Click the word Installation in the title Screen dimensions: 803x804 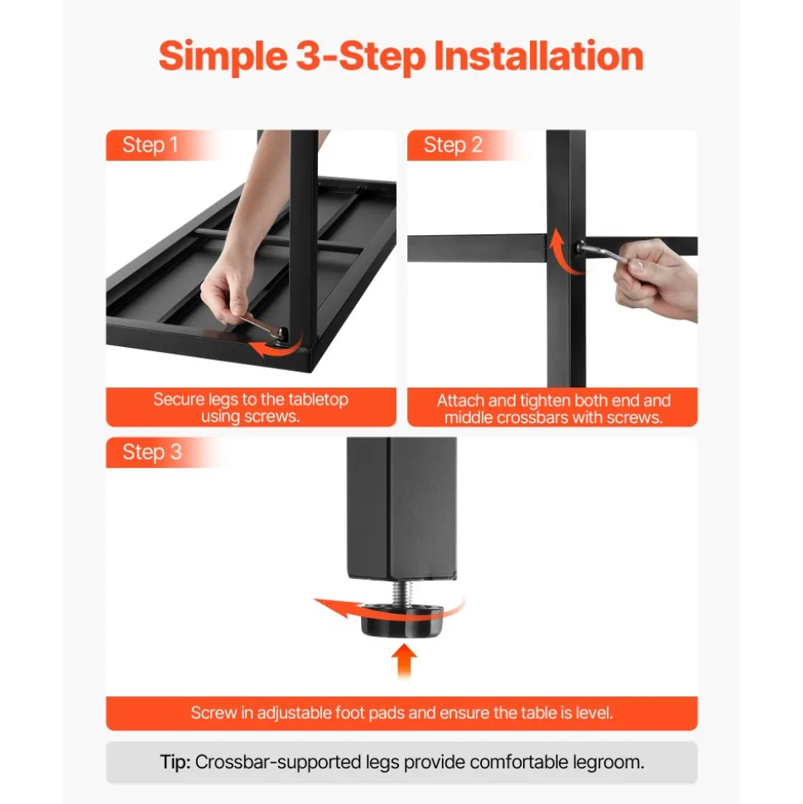pos(538,55)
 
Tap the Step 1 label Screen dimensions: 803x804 pos(150,145)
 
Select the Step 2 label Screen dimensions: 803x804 pos(453,145)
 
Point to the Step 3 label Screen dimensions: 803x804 pos(151,452)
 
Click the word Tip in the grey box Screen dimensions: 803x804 pos(176,762)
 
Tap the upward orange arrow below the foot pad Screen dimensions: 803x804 pos(404,661)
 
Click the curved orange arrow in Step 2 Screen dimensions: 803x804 pos(558,257)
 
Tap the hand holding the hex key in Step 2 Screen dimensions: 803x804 pos(656,279)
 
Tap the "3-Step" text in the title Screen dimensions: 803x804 pos(361,55)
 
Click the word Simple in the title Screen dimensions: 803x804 pos(223,55)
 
